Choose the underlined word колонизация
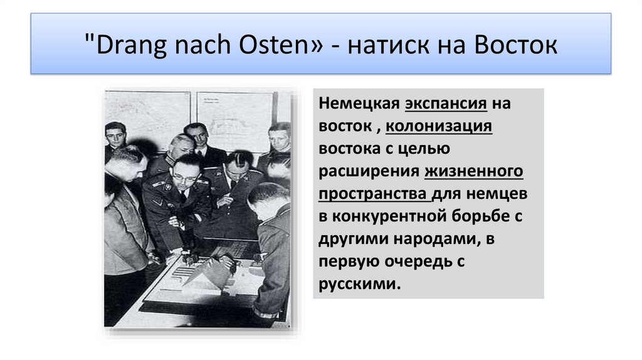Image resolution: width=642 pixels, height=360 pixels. click(x=439, y=127)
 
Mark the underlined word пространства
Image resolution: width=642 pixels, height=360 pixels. click(x=374, y=194)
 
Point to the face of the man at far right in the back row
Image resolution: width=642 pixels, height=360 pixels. click(x=278, y=138)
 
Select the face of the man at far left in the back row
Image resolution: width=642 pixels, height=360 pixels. click(x=115, y=135)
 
